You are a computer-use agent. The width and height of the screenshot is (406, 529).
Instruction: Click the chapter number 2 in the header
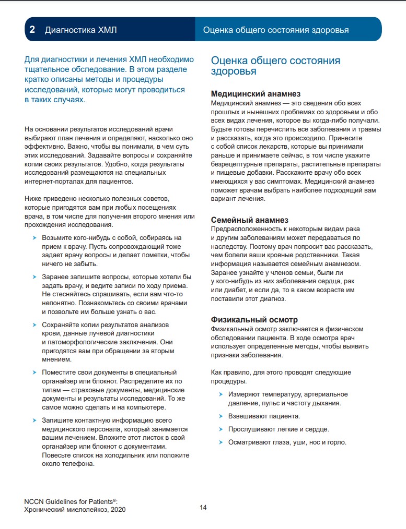[x=32, y=30]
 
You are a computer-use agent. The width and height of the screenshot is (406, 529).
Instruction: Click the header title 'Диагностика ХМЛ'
[x=80, y=30]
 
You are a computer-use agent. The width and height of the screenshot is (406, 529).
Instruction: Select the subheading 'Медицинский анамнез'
[x=255, y=94]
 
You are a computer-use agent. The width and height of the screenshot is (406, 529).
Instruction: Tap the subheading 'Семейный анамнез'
[x=249, y=220]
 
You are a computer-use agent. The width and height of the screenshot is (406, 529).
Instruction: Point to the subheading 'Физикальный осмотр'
[x=254, y=320]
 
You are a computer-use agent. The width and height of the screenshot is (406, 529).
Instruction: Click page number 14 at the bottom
[x=203, y=507]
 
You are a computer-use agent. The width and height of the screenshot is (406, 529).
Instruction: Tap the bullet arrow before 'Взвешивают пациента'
[x=221, y=416]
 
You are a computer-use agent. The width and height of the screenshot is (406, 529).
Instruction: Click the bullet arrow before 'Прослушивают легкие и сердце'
[x=221, y=429]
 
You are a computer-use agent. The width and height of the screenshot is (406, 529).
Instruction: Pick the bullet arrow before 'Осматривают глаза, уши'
[x=221, y=442]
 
